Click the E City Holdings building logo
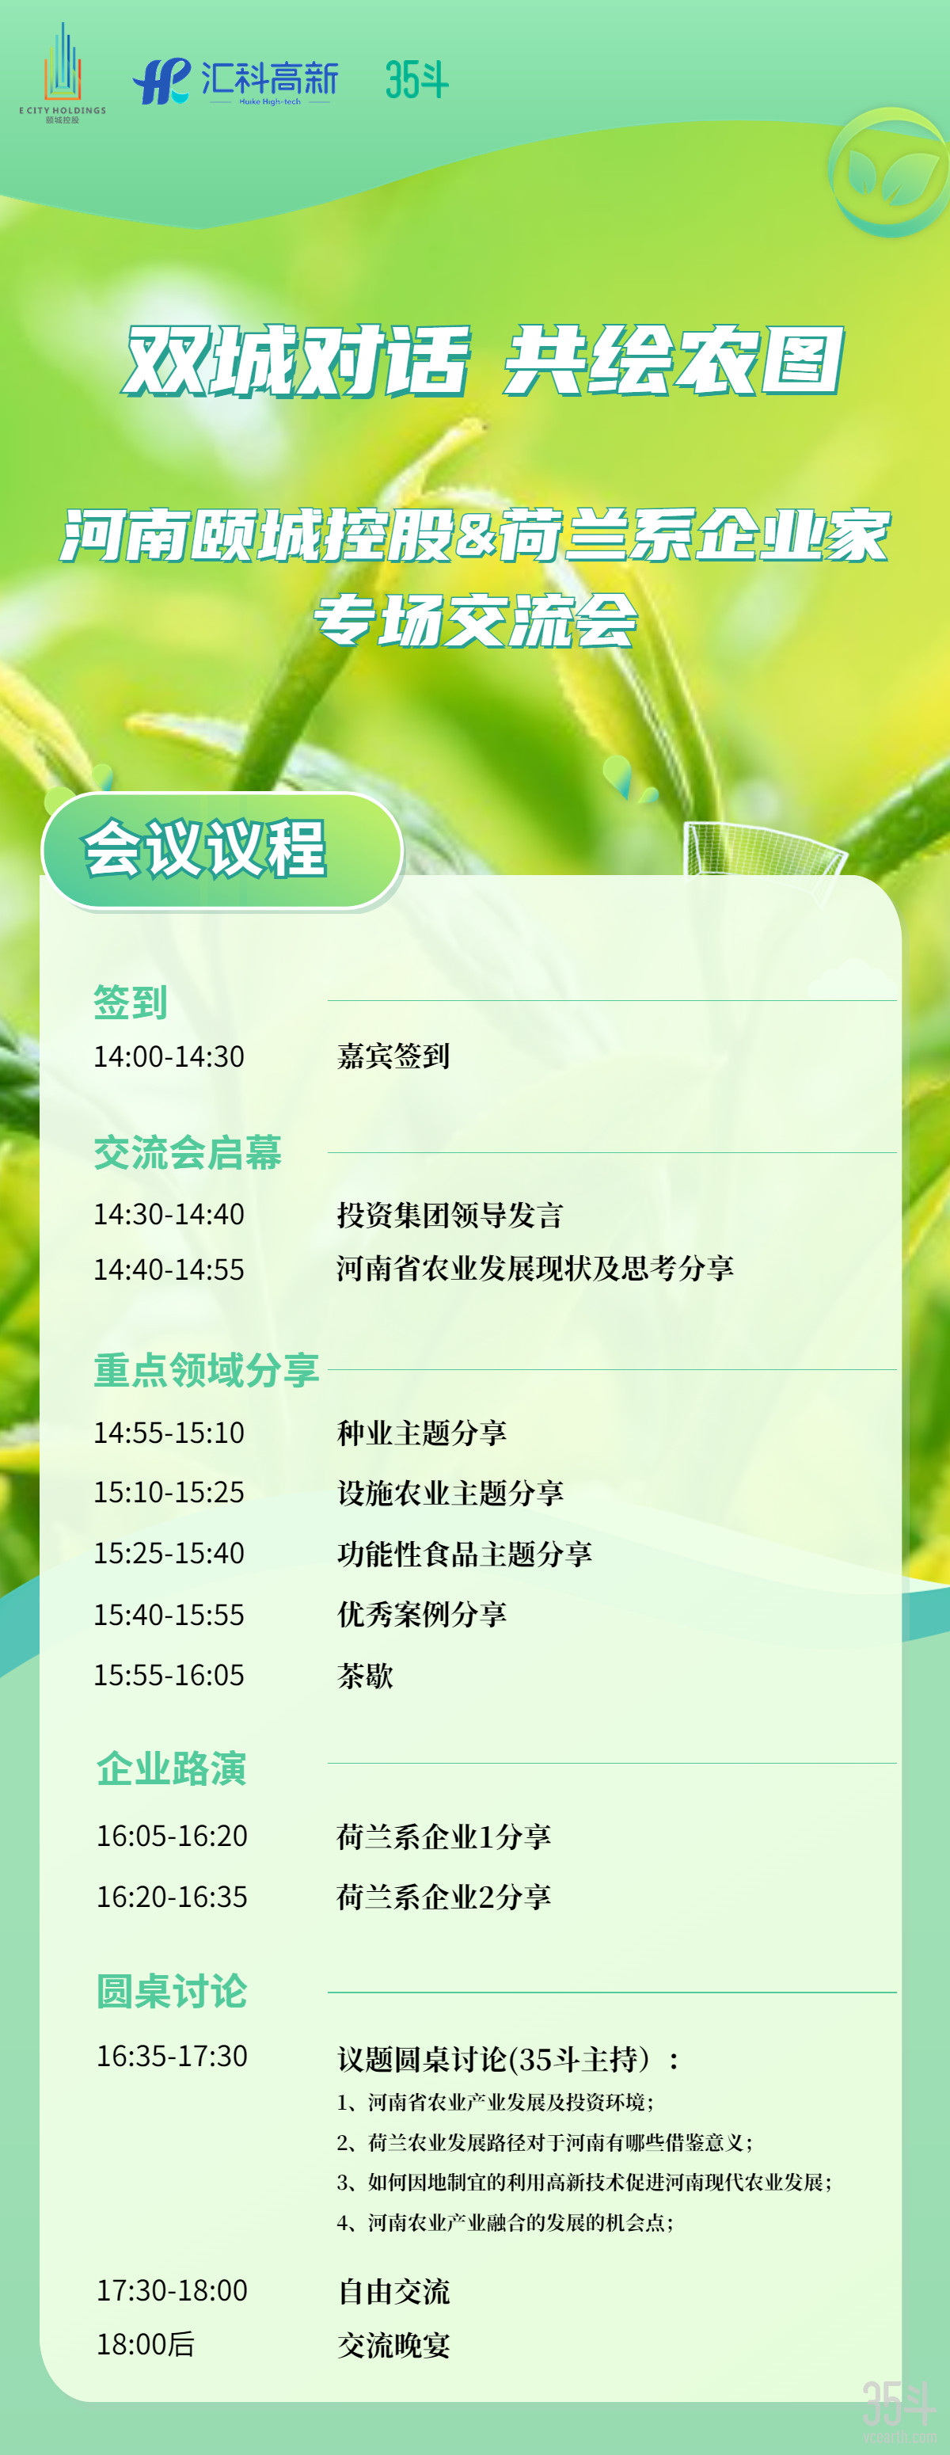tap(63, 74)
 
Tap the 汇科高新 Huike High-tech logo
tap(235, 82)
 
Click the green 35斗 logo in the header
tap(416, 79)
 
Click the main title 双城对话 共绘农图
tap(484, 360)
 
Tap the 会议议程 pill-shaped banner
tap(222, 850)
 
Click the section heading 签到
tap(131, 1002)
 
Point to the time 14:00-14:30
tap(169, 1056)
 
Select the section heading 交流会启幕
tap(188, 1152)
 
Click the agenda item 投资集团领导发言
tap(450, 1215)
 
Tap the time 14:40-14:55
tap(169, 1269)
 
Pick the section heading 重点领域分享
tap(207, 1369)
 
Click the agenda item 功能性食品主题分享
tap(464, 1554)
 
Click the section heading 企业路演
tap(172, 1768)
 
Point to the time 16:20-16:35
tap(172, 1897)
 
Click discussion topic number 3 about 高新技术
tap(584, 2183)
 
